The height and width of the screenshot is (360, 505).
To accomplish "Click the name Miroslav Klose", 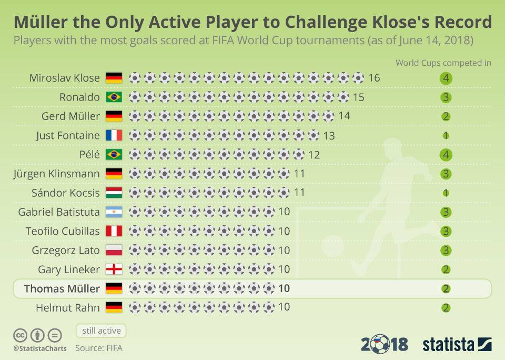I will click(65, 78).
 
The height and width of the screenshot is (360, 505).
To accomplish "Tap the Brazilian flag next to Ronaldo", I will click(114, 97).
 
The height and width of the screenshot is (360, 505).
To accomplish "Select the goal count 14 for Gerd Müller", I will click(345, 116).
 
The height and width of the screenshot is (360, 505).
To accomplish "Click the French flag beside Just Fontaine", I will click(114, 135).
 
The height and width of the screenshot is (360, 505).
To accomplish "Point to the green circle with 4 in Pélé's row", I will click(446, 155).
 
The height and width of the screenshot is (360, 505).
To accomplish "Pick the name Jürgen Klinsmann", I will click(56, 174).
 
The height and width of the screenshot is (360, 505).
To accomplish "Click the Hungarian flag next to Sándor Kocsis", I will click(114, 193).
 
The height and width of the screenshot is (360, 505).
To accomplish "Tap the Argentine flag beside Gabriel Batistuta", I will click(114, 212).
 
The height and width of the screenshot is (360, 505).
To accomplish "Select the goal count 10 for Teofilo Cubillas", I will click(284, 231).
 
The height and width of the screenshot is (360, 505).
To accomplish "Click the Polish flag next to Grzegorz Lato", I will click(114, 250).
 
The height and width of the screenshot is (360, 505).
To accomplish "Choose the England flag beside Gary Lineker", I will click(114, 269).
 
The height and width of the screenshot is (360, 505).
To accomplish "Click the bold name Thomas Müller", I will click(62, 288).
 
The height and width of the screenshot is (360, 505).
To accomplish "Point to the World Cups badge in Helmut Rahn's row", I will click(446, 308).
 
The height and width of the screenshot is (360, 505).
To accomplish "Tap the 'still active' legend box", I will click(101, 331).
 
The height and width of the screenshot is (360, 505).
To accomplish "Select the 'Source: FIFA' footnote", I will click(99, 348).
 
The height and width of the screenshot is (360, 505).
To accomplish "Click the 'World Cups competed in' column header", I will click(443, 63).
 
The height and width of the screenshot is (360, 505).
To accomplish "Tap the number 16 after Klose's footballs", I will click(374, 78).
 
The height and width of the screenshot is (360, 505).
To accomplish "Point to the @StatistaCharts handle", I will click(40, 348).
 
